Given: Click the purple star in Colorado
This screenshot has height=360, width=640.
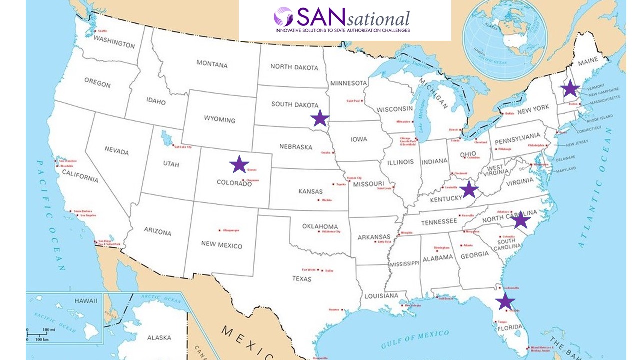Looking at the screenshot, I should (239, 164).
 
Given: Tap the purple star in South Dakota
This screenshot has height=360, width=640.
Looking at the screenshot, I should (320, 118).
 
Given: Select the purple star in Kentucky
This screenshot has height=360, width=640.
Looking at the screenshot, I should (469, 189).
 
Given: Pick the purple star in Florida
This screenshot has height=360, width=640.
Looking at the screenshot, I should (505, 301).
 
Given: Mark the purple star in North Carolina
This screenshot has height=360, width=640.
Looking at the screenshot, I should (521, 219).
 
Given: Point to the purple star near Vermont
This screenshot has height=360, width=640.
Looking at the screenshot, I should (570, 89).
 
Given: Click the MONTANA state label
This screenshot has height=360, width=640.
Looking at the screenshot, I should (212, 64).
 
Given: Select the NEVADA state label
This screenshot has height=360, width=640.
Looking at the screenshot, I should (117, 151).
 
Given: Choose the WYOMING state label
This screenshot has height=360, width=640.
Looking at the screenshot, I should (219, 120).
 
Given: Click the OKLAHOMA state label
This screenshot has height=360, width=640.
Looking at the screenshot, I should (320, 226).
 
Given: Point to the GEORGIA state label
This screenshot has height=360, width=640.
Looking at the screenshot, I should (474, 254).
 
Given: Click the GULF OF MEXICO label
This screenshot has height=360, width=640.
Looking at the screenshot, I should (414, 339).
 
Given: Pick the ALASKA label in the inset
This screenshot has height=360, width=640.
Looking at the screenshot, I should (159, 338).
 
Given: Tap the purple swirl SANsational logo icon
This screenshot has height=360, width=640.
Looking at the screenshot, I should (283, 17).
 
